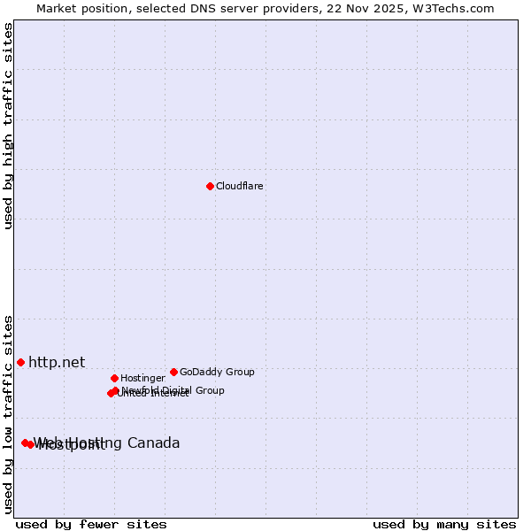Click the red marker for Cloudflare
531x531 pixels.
[210, 186]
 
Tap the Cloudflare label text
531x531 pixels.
[240, 187]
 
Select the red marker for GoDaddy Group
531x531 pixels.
[173, 372]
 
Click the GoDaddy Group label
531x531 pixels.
[217, 373]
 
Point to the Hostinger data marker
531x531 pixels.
[114, 378]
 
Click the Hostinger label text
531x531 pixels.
[142, 379]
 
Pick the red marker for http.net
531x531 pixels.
[20, 362]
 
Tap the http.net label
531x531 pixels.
[57, 362]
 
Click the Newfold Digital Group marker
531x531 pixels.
[115, 390]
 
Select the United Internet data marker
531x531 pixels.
[111, 394]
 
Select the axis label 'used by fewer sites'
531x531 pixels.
[91, 525]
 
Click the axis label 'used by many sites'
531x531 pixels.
[444, 525]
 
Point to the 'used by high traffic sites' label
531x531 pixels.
[8, 126]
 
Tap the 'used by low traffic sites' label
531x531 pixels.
[8, 414]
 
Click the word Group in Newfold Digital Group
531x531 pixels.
[210, 390]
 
